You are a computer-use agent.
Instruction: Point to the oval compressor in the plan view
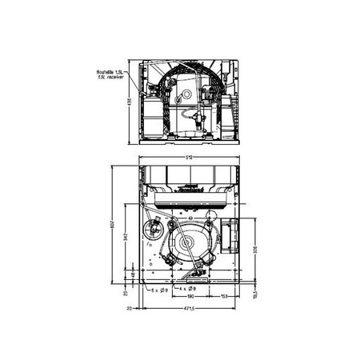tap(190, 244)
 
